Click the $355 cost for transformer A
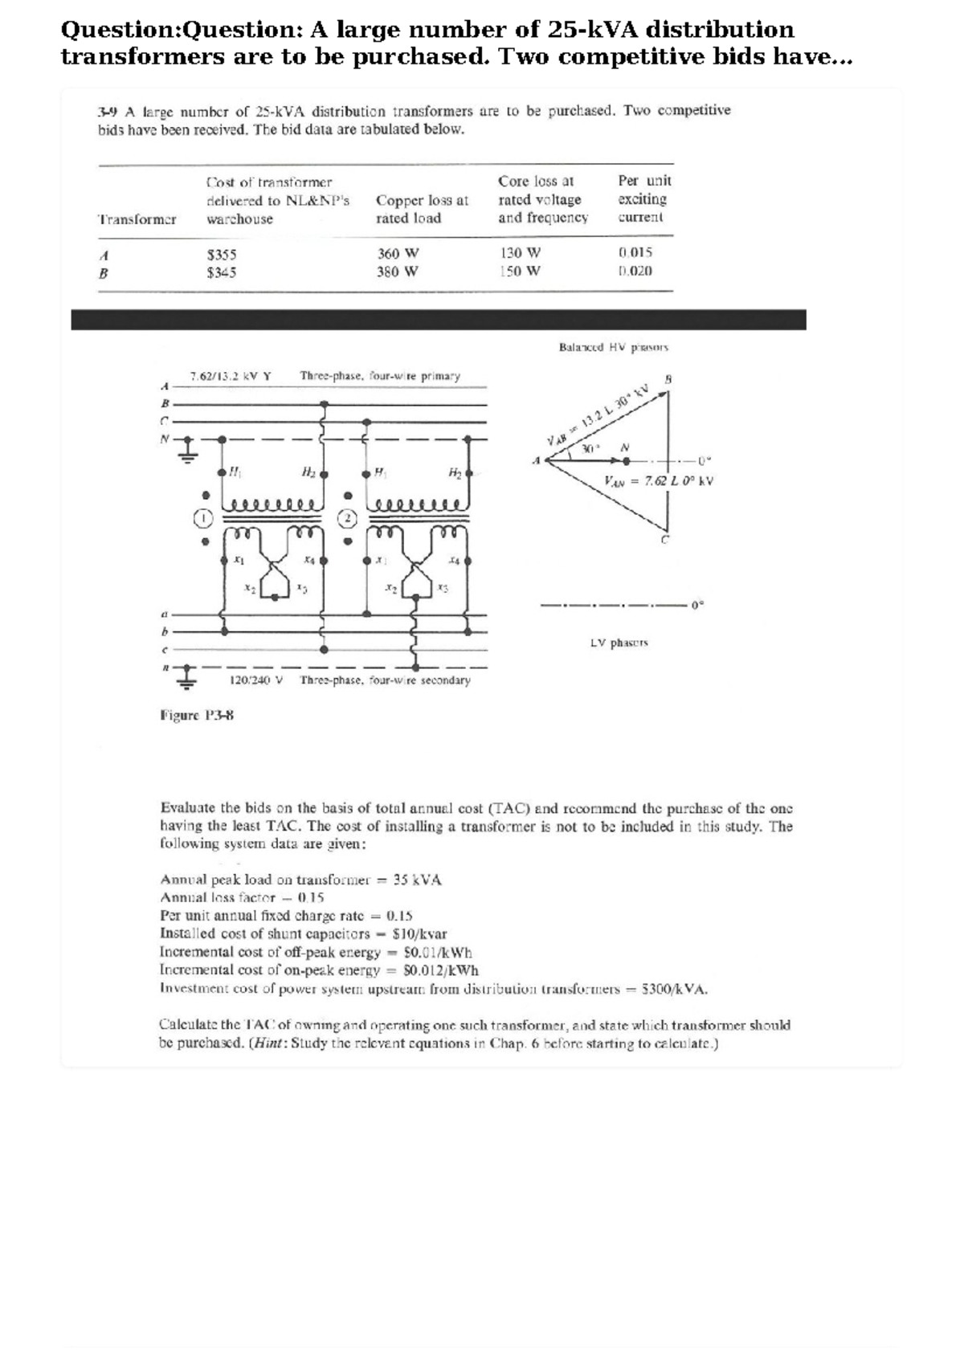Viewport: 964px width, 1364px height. pos(222,254)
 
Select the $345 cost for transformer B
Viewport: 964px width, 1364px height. pos(222,272)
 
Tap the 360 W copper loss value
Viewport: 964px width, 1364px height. pos(398,253)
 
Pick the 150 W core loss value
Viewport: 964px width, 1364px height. pos(520,271)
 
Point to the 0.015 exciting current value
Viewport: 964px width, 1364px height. pos(635,252)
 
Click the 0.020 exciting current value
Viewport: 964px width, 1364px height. pos(635,271)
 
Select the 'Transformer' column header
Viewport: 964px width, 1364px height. pos(137,218)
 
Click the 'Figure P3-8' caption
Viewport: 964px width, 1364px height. pos(198,715)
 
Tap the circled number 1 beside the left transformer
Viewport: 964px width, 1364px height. pos(205,518)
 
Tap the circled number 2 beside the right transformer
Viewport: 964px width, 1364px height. pos(347,518)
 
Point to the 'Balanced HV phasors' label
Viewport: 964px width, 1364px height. pos(614,348)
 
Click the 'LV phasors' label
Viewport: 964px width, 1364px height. pos(619,643)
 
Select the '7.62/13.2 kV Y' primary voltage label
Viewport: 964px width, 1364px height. pos(231,375)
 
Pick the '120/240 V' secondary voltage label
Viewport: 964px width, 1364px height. pos(257,680)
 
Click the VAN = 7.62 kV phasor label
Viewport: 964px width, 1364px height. pos(659,481)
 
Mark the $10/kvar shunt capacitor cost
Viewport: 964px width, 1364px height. pos(420,934)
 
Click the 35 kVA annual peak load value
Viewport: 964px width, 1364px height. pos(418,880)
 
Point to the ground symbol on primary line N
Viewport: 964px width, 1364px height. pos(186,450)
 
